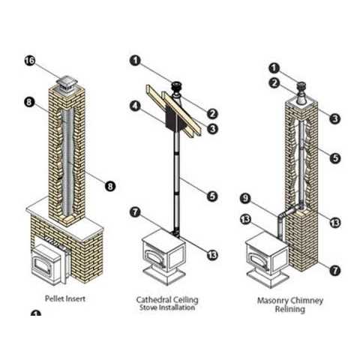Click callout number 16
(30, 61)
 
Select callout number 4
(135, 106)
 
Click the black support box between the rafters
(174, 118)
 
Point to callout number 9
(245, 199)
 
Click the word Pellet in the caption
(53, 298)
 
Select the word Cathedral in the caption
(151, 299)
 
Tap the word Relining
(290, 309)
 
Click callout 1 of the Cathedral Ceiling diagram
(135, 61)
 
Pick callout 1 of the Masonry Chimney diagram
(274, 68)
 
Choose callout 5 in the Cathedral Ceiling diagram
(212, 196)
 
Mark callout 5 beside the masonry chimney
(335, 158)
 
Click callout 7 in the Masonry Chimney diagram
(335, 270)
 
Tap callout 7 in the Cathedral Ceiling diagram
(135, 213)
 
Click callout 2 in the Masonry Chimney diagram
(274, 83)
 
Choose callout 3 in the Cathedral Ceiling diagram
(212, 129)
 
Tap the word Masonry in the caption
(271, 301)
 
